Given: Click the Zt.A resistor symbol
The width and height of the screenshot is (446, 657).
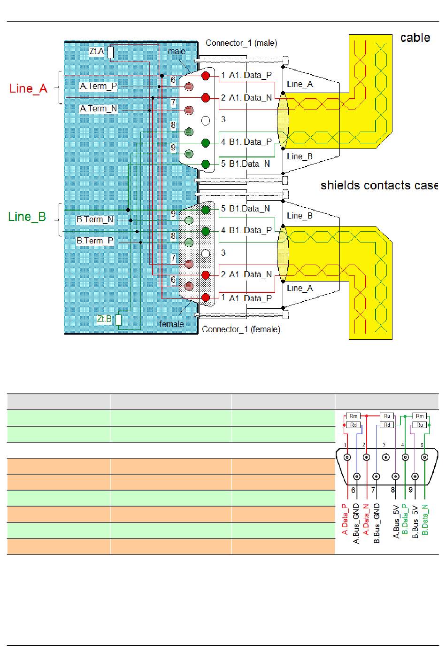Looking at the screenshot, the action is [x=111, y=52].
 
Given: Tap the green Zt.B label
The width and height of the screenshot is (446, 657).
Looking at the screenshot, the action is [x=104, y=319].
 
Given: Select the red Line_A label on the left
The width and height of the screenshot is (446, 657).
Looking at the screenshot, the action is [x=28, y=88].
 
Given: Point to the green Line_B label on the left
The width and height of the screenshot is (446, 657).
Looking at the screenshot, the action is [x=27, y=217].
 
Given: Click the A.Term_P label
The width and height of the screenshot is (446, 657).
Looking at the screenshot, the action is [x=99, y=86].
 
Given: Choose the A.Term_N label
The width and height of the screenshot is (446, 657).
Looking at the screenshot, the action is [x=99, y=109].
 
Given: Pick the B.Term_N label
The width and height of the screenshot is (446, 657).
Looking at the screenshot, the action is [x=95, y=219].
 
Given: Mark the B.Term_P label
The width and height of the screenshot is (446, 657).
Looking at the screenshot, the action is [x=95, y=241].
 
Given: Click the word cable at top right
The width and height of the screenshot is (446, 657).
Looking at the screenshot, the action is [x=415, y=38].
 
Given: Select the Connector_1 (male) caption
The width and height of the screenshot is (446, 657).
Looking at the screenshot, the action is [x=241, y=43].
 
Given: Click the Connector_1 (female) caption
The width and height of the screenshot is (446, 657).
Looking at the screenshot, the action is [x=241, y=329].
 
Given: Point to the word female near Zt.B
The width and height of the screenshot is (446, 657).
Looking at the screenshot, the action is [x=171, y=324].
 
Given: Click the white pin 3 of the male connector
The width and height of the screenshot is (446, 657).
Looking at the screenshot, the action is [x=206, y=121].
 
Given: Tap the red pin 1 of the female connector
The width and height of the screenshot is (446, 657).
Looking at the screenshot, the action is [x=206, y=297].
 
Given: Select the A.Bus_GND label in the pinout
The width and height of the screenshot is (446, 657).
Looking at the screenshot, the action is [x=356, y=524].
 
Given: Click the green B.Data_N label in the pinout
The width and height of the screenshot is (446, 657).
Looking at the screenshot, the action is [x=425, y=519].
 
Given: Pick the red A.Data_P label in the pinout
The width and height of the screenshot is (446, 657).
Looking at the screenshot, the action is [x=345, y=519].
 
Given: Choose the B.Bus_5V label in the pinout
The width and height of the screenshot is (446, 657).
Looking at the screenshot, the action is [x=415, y=522].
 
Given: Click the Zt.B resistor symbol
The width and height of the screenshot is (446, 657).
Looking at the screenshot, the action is [x=118, y=320].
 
